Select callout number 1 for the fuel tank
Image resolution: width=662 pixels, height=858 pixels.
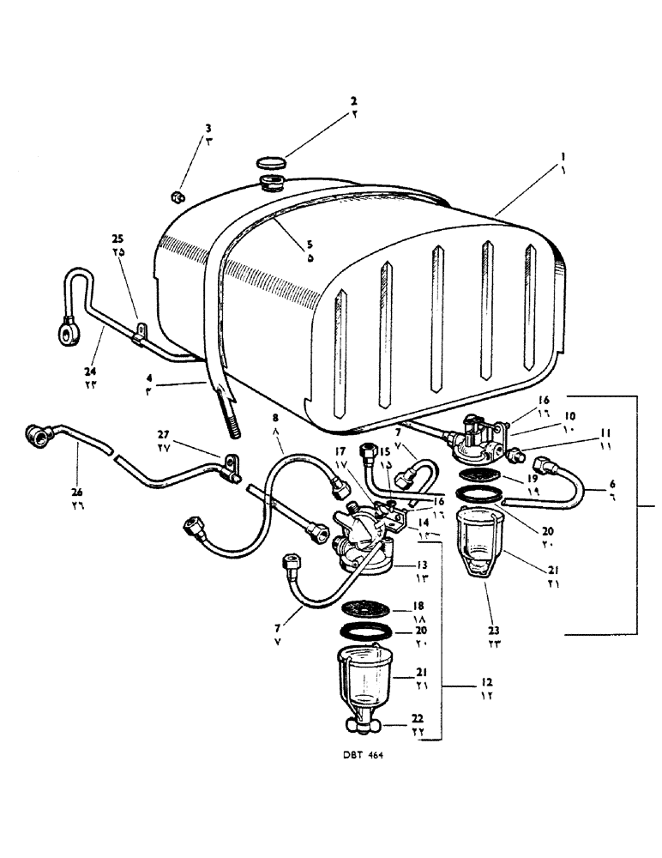pos(563,157)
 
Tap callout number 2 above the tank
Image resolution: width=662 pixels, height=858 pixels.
pos(353,100)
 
